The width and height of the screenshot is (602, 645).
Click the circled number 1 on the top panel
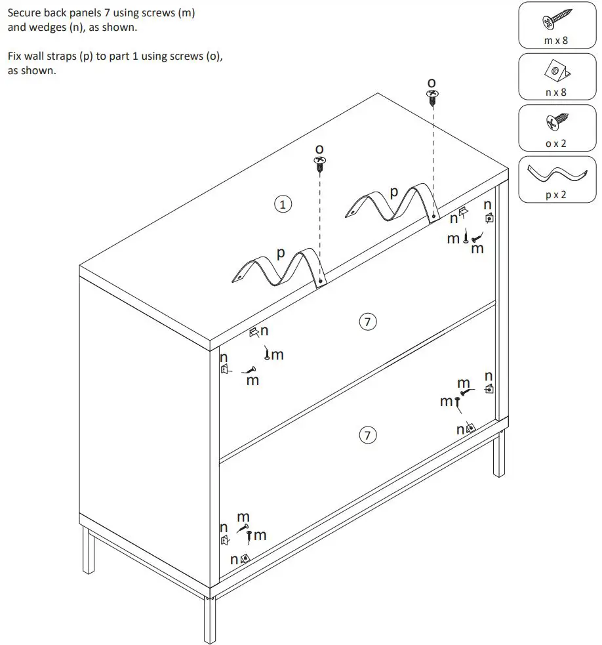tap(283, 204)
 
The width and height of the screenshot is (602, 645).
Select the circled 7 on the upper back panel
tap(368, 322)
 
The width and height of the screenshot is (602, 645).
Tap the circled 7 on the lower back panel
tap(368, 434)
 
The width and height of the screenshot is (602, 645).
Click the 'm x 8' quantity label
tap(556, 41)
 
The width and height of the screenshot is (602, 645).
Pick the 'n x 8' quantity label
tap(556, 93)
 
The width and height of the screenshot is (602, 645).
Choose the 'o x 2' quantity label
tap(556, 143)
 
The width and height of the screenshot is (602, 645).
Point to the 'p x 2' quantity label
tap(556, 195)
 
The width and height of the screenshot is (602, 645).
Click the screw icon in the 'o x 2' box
tap(555, 123)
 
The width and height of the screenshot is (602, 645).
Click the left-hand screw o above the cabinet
tap(320, 163)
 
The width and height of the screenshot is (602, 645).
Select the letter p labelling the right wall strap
tap(393, 193)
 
